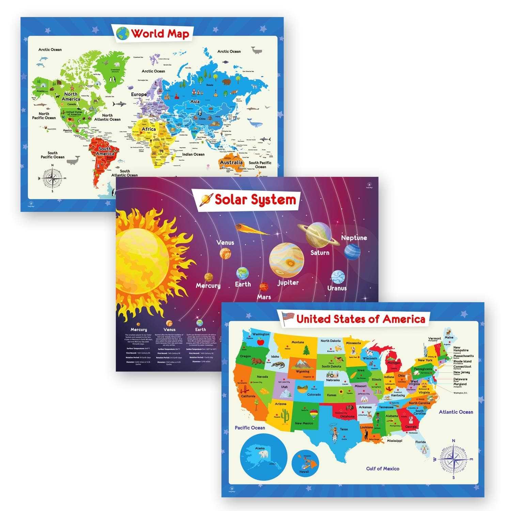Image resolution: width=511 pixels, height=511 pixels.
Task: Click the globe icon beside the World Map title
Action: [123, 33]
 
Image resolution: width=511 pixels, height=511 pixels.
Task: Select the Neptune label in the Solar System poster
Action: [354, 238]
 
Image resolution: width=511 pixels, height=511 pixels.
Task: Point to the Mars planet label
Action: [264, 297]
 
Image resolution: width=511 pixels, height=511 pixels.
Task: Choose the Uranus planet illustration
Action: [338, 277]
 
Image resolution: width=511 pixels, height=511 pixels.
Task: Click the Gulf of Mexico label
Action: [383, 469]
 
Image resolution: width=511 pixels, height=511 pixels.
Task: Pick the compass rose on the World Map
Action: [52, 178]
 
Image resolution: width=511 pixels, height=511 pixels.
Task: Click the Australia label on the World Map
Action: [231, 162]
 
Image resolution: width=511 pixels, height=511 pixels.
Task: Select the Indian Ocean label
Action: [193, 154]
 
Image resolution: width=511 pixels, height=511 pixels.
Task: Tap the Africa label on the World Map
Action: [149, 129]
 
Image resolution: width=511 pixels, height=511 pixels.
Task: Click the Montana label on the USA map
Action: [297, 342]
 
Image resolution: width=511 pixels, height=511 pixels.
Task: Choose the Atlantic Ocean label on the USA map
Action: [456, 412]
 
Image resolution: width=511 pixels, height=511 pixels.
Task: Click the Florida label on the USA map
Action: [420, 442]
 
